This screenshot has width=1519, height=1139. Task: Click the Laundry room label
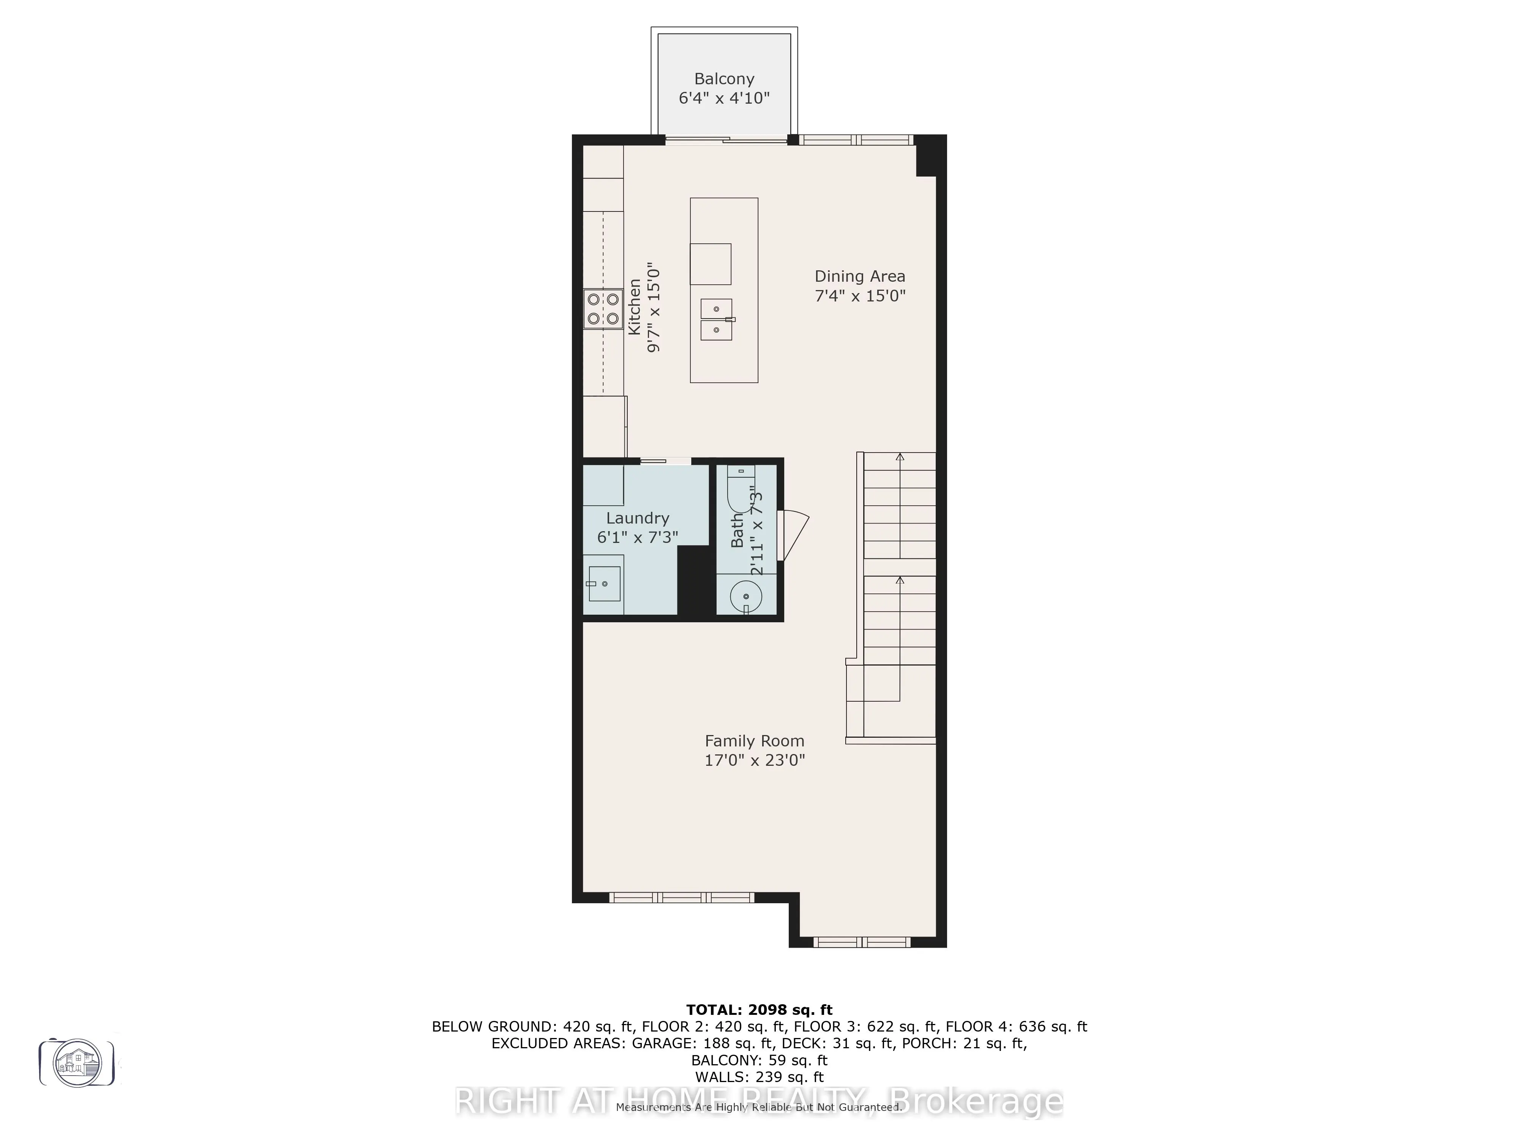pyautogui.click(x=637, y=518)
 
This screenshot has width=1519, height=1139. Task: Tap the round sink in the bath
pyautogui.click(x=746, y=596)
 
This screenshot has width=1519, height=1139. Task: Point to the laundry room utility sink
pyautogui.click(x=604, y=584)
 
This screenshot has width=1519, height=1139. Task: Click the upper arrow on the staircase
pyautogui.click(x=900, y=457)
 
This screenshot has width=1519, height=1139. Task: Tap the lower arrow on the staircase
pyautogui.click(x=900, y=581)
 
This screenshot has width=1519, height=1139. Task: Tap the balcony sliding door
pyautogui.click(x=726, y=141)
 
